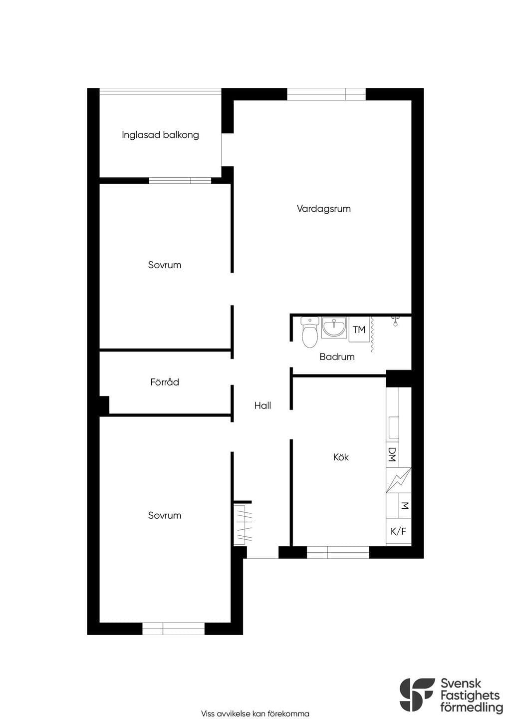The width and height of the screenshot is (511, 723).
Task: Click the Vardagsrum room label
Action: [x=323, y=209]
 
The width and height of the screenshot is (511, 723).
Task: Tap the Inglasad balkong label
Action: [x=160, y=135]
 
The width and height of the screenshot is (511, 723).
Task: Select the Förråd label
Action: [x=165, y=382]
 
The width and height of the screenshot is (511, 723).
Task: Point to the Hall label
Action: [x=262, y=405]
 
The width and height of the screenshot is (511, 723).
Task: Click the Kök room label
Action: [x=341, y=457]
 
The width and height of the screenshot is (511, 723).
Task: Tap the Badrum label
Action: [x=337, y=357]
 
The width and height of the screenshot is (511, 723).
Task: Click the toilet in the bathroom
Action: [x=310, y=332]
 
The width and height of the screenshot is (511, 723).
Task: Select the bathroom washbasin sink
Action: [x=334, y=327]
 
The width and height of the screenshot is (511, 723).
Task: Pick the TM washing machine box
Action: [x=359, y=330]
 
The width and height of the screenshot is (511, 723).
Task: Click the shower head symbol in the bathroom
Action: [x=396, y=322]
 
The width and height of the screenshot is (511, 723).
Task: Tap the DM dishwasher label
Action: [x=392, y=454]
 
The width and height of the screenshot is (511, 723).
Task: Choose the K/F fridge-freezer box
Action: [x=399, y=531]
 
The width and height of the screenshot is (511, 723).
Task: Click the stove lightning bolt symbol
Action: [x=399, y=480]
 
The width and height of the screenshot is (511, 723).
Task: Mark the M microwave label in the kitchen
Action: [x=405, y=505]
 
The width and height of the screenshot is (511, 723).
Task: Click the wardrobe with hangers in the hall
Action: [x=243, y=523]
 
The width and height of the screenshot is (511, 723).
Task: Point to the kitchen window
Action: [x=338, y=552]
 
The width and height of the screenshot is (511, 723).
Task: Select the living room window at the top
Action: [x=326, y=94]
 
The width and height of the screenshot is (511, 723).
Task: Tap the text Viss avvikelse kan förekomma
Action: [x=255, y=714]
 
